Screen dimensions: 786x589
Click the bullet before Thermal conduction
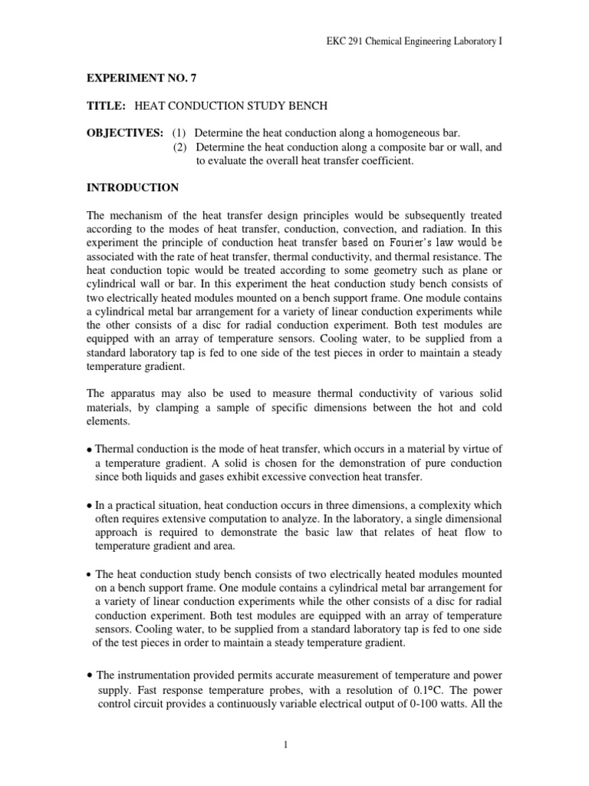click(x=89, y=450)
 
